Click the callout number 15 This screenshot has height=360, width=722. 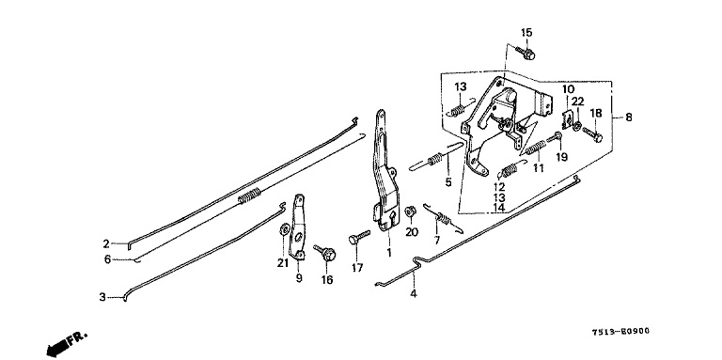coord(526,33)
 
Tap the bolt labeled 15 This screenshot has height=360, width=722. coord(526,53)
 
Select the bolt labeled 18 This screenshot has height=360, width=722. coord(592,134)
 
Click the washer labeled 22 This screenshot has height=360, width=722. coord(577,124)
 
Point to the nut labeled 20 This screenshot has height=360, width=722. coord(410,211)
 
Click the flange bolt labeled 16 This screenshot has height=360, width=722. coord(325,253)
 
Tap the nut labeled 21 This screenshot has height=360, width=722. coord(284,228)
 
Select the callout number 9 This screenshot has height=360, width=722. coord(299,278)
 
